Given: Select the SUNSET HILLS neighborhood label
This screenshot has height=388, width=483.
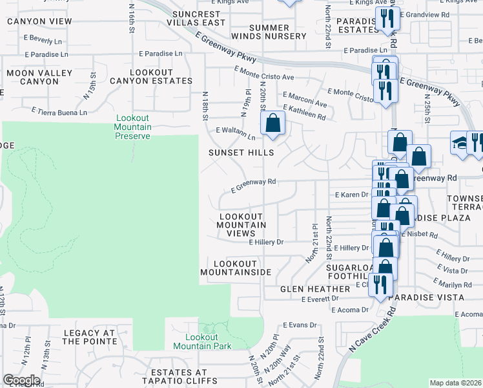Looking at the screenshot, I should [x=241, y=153].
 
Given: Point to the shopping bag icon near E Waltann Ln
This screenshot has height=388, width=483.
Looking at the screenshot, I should [x=273, y=123].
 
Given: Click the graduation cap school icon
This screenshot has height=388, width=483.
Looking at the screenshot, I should [x=460, y=143].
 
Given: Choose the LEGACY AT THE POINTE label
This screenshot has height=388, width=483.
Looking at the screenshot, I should [x=88, y=338].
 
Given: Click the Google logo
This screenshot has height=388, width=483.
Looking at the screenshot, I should [x=21, y=380].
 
